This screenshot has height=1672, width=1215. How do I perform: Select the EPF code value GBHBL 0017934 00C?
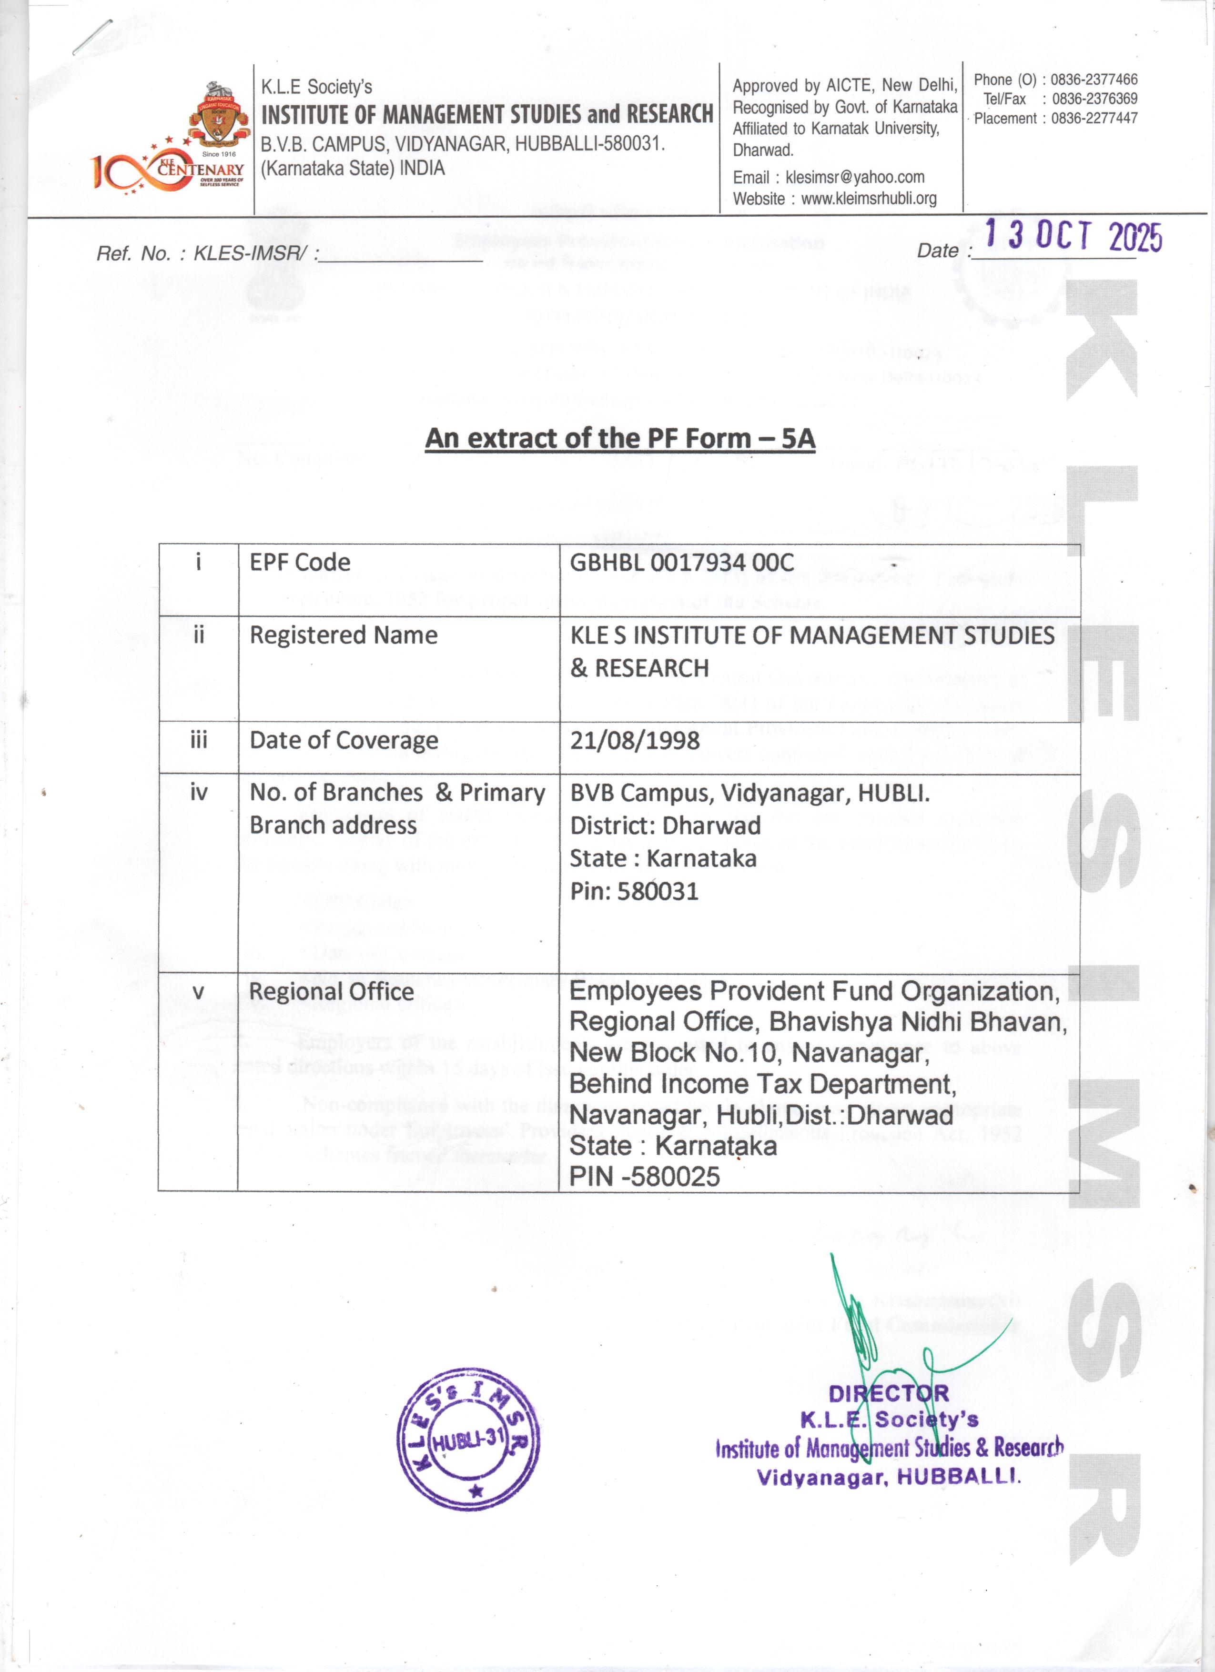point(681,563)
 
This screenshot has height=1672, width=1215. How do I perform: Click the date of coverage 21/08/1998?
point(634,740)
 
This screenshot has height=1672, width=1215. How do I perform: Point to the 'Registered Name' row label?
point(343,635)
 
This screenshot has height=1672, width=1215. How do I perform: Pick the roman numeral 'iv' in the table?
point(198,793)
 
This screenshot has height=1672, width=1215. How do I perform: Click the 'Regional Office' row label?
point(331,992)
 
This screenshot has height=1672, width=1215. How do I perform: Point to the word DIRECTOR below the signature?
point(889,1394)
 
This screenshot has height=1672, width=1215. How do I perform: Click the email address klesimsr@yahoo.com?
point(854,177)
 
